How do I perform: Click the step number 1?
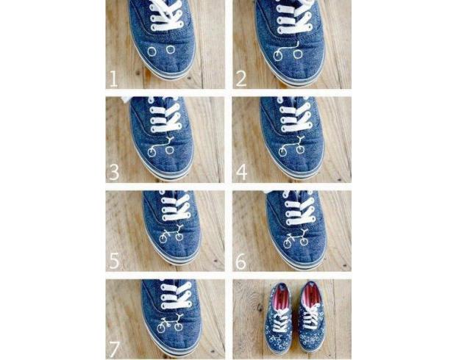tap(113, 79)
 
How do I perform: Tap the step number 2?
tap(241, 79)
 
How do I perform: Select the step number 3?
tap(114, 172)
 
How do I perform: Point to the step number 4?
tap(242, 172)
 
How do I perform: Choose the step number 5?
tap(114, 261)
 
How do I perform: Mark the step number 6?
tap(241, 262)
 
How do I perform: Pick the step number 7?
tap(115, 349)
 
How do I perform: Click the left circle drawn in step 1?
tap(152, 51)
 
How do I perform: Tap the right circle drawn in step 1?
tap(171, 49)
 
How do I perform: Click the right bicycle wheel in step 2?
tap(298, 54)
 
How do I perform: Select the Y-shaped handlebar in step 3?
tap(170, 140)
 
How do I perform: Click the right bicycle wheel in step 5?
tap(179, 237)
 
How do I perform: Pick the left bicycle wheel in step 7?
tap(161, 328)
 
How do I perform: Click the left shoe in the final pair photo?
tap(278, 318)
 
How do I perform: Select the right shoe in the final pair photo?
tap(311, 317)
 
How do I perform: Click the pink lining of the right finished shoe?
tap(311, 294)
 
